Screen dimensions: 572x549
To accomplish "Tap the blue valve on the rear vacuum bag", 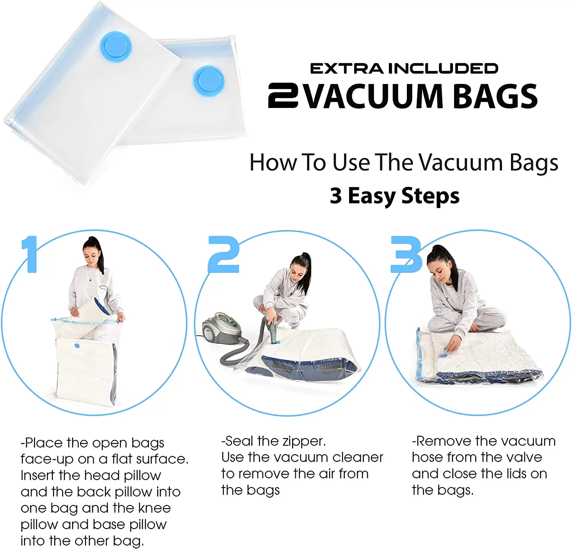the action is pyautogui.click(x=209, y=81).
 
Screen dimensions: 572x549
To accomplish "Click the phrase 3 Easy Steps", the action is pyautogui.click(x=395, y=196).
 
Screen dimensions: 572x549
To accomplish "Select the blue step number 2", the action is pyautogui.click(x=223, y=254).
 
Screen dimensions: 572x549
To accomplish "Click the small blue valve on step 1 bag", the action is pyautogui.click(x=77, y=346).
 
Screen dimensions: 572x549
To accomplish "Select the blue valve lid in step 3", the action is pyautogui.click(x=443, y=355).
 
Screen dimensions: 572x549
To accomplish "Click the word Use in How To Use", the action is pyautogui.click(x=351, y=163).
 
